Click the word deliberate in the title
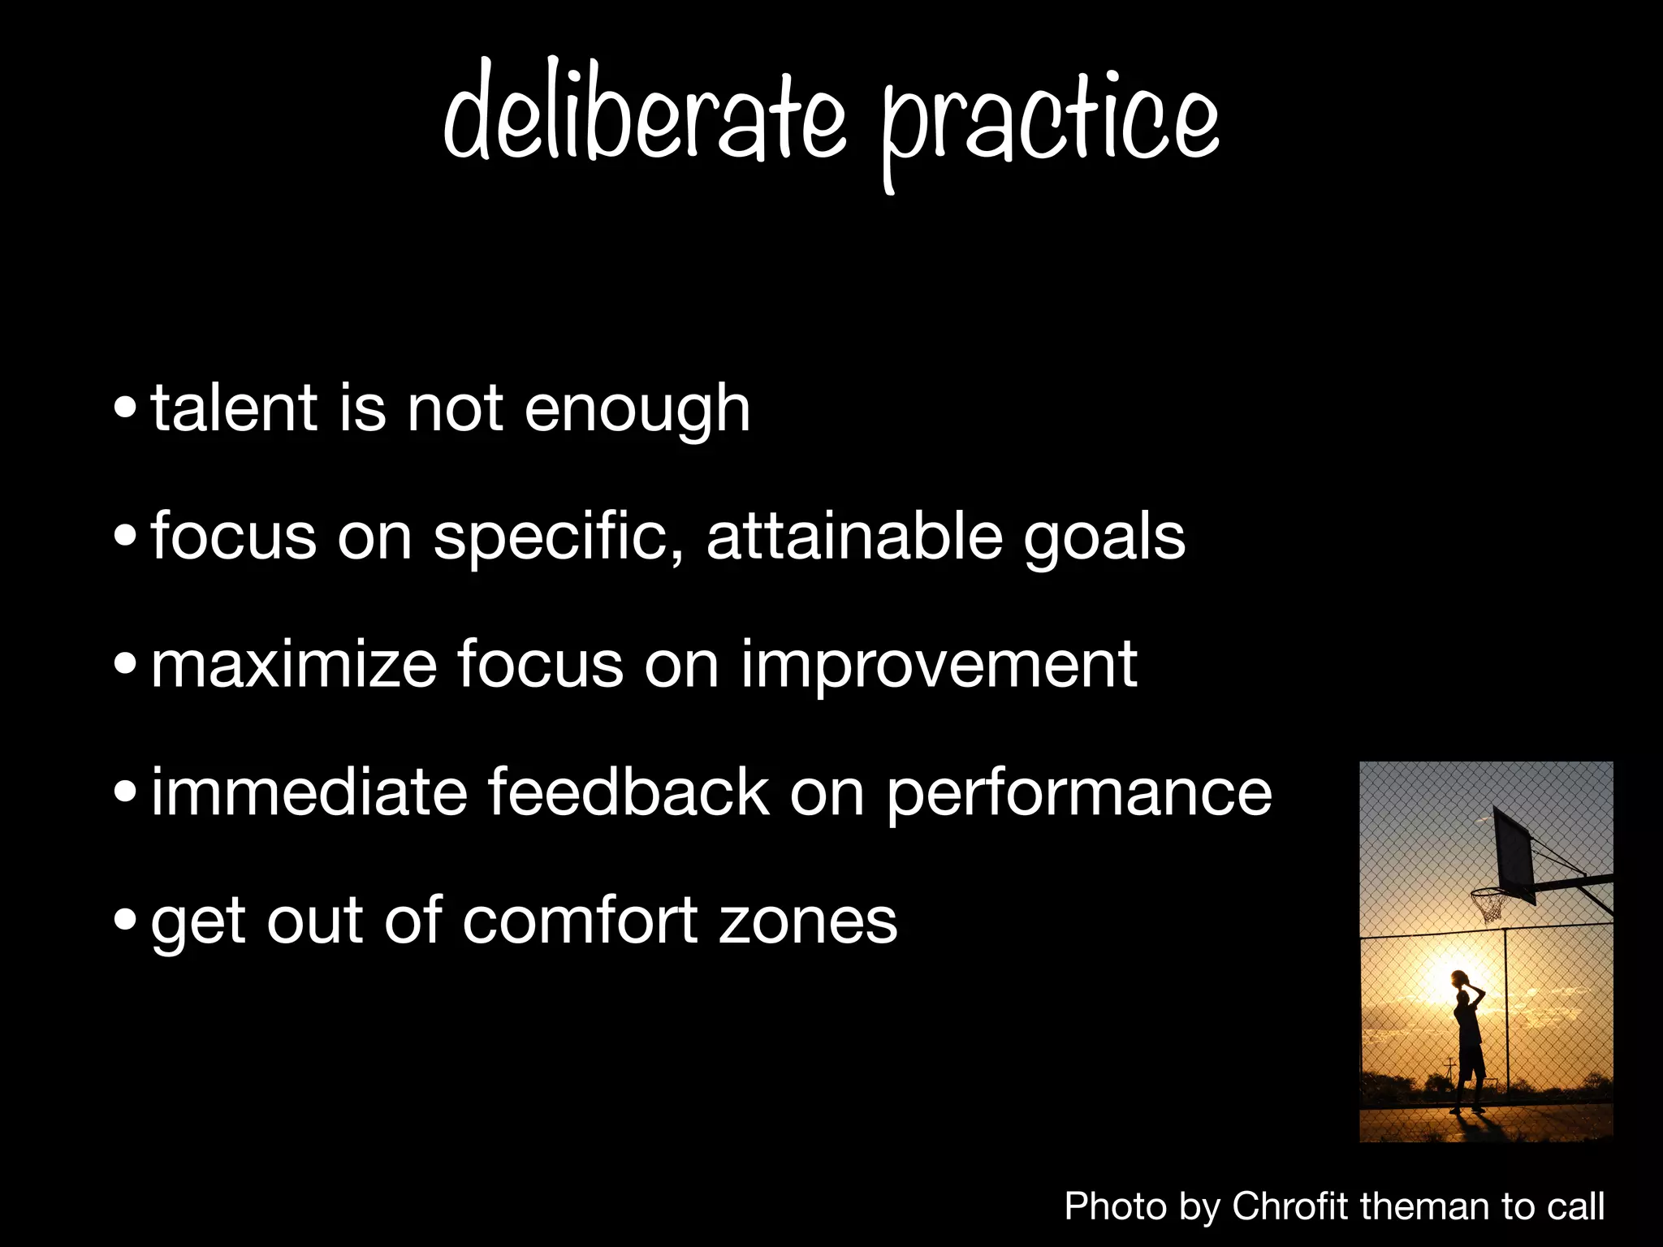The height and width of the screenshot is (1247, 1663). (646, 114)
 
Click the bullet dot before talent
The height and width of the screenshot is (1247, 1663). (126, 408)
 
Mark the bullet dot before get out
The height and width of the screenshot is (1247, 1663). (126, 920)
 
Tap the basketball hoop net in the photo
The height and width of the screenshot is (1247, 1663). (1488, 904)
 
